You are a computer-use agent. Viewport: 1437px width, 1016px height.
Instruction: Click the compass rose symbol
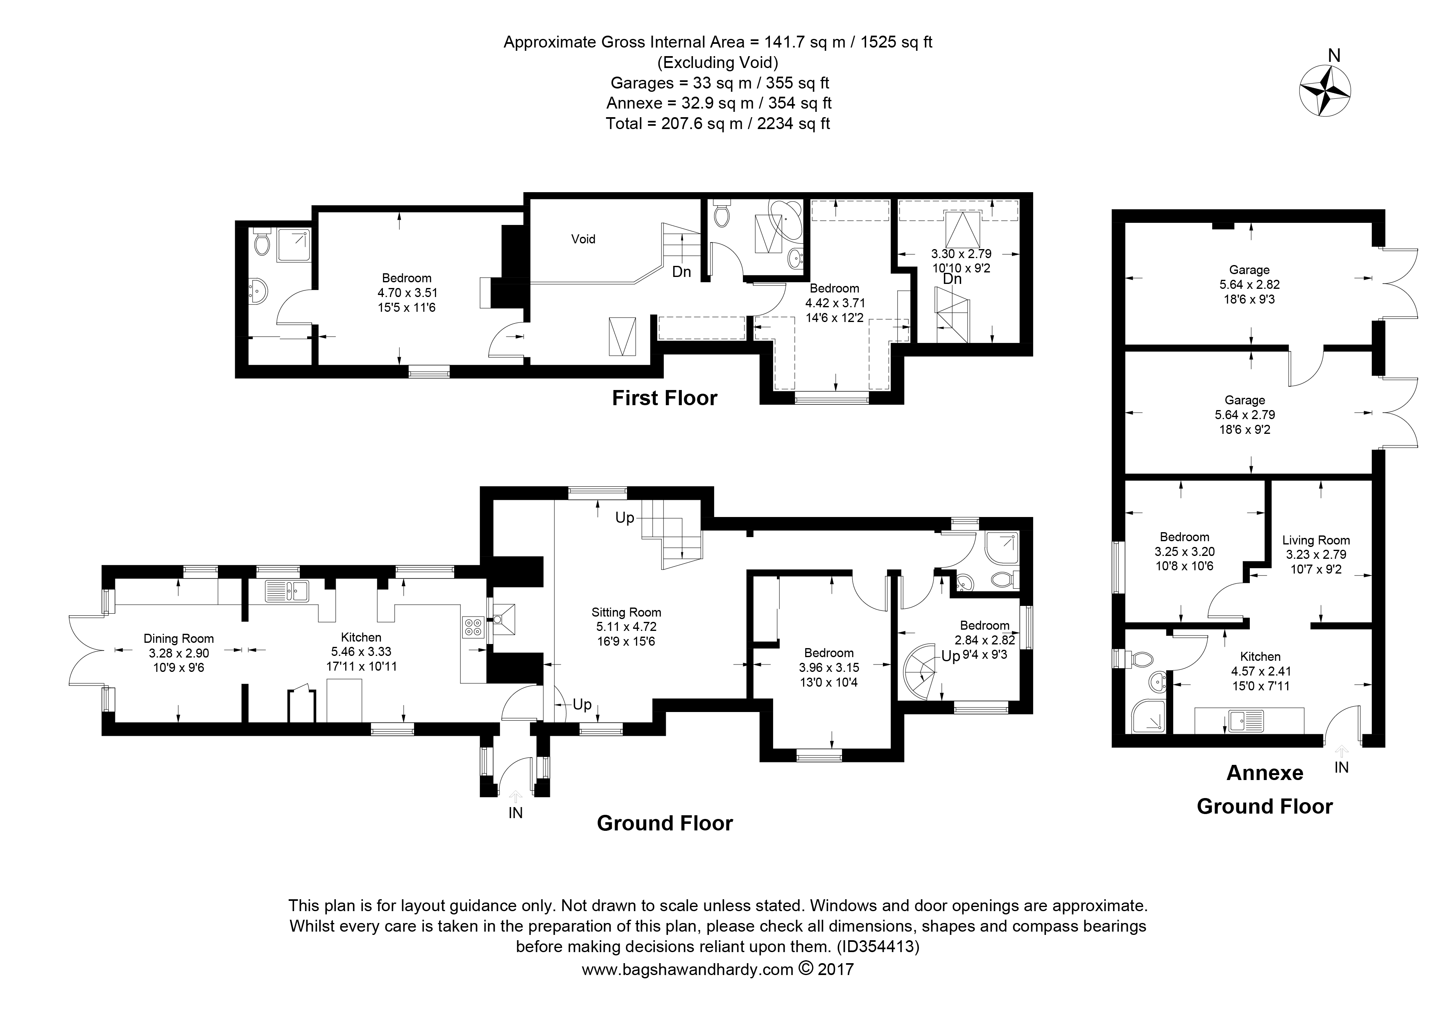tap(1324, 99)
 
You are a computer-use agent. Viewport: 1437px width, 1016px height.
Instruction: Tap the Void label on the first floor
tap(583, 239)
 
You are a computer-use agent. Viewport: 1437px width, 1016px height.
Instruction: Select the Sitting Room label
tap(626, 612)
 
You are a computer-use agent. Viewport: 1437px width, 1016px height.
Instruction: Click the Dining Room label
tap(179, 639)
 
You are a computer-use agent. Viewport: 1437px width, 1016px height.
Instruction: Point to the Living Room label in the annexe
tap(1316, 540)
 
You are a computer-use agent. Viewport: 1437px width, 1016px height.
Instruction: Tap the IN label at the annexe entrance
tap(1341, 767)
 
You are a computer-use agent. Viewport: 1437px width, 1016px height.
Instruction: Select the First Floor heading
tap(664, 398)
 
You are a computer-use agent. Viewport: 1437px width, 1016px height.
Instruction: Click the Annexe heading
tap(1264, 773)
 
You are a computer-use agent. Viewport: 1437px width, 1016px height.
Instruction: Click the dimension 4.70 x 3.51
tap(407, 293)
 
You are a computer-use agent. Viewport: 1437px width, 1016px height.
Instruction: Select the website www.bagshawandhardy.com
tap(687, 970)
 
